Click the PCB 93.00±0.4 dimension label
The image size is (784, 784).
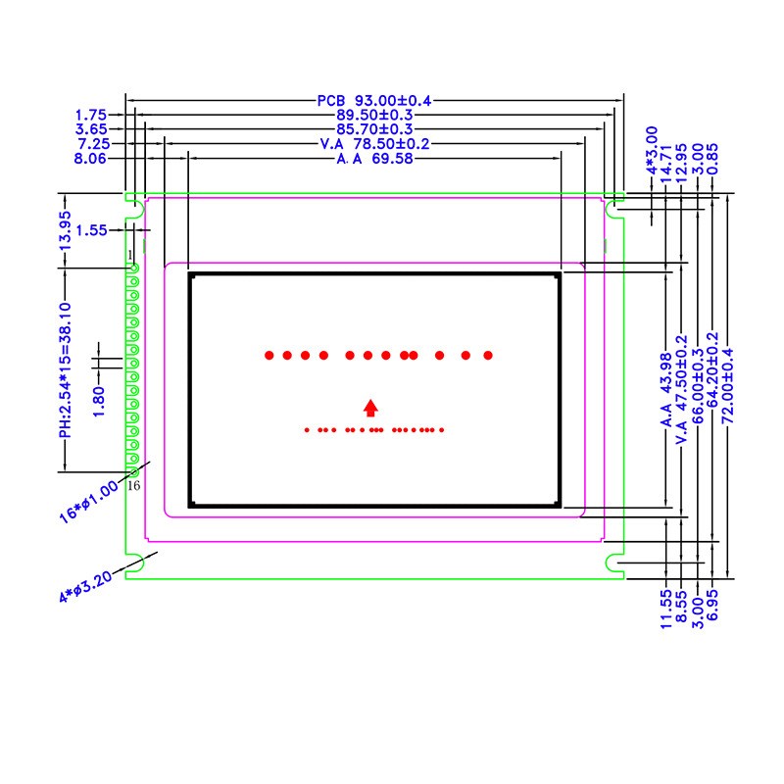click(x=374, y=100)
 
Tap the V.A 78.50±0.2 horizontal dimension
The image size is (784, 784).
click(x=375, y=144)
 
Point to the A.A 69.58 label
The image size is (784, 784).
click(x=373, y=159)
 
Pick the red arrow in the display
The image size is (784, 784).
click(x=370, y=408)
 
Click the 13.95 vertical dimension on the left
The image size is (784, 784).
click(x=67, y=231)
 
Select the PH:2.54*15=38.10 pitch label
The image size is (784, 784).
click(x=65, y=369)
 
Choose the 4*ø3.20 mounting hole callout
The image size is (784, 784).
click(x=86, y=583)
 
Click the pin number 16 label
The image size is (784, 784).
click(x=134, y=486)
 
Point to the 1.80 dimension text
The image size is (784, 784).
click(x=99, y=402)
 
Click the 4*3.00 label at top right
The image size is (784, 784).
click(x=652, y=149)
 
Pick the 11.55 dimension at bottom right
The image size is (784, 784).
click(x=665, y=608)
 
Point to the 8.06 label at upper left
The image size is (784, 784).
click(x=90, y=159)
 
